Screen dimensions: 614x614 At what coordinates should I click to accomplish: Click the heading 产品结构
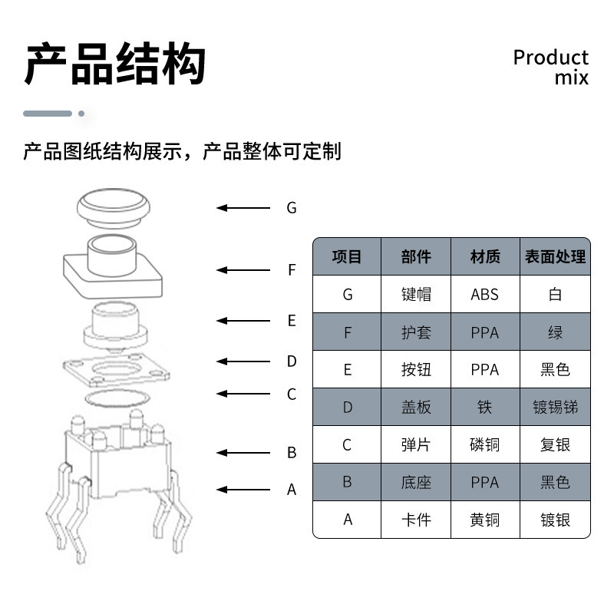point(115,64)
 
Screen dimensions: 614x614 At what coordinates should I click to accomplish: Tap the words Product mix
point(550,68)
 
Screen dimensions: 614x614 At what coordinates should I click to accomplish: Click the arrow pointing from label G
point(243,207)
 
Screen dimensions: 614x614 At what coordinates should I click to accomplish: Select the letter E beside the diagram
point(292,321)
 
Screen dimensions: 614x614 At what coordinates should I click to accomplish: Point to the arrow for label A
point(243,489)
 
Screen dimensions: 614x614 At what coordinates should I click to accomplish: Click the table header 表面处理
point(555,256)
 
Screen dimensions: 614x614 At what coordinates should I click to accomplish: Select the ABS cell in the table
point(484,294)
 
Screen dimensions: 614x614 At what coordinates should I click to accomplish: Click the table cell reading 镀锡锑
point(555,407)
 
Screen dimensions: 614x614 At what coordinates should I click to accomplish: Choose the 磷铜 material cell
point(484,444)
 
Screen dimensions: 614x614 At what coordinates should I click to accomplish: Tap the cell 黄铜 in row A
point(484,520)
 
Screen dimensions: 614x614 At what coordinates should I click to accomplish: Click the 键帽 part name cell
point(416,294)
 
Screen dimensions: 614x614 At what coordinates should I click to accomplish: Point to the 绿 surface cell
point(555,332)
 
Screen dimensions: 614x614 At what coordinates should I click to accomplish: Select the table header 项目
point(347,256)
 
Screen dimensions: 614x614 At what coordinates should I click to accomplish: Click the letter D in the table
point(347,407)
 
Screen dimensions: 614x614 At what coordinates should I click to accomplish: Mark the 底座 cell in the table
point(416,482)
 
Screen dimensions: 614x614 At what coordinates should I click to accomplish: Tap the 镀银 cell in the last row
point(555,520)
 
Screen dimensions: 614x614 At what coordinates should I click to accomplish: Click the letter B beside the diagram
point(292,453)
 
